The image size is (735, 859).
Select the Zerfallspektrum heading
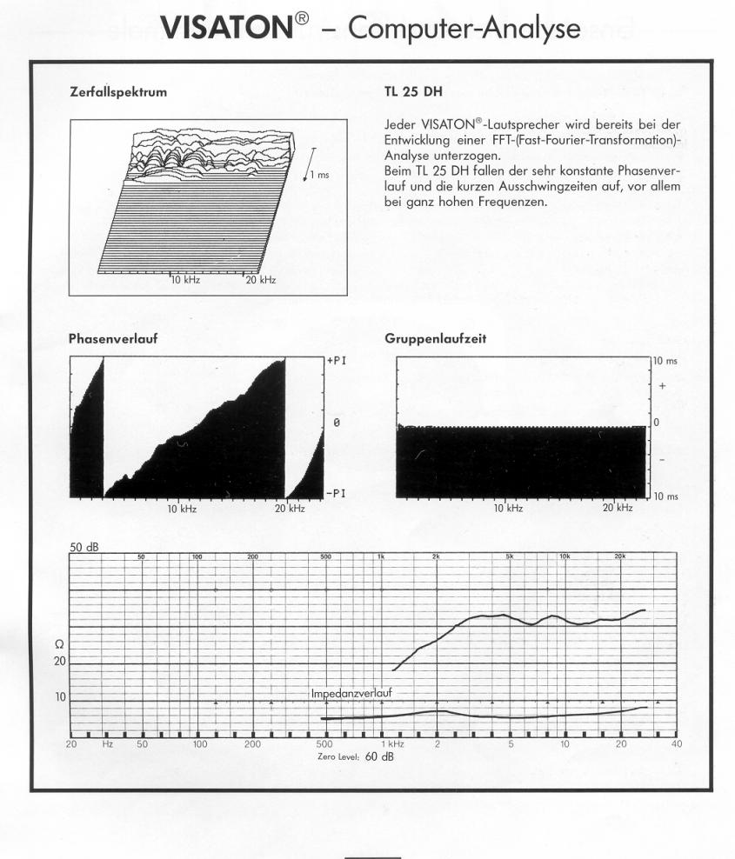coord(118,90)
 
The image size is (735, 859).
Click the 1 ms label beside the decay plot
coord(320,176)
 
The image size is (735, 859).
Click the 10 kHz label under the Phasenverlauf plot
coord(182,508)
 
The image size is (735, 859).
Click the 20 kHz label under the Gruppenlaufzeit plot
coord(618,508)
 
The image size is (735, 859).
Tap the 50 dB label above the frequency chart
coord(84,546)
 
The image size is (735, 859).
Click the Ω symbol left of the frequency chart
coord(58,643)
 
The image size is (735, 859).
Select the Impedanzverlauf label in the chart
coord(351,693)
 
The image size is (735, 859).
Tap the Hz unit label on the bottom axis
coord(108,744)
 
